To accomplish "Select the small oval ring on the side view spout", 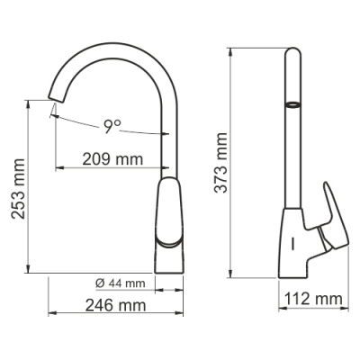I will point(292,105).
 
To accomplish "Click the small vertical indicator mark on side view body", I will point(293,244).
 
